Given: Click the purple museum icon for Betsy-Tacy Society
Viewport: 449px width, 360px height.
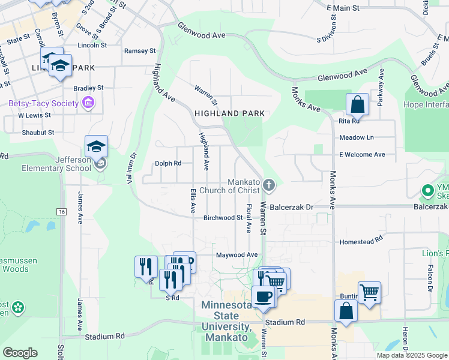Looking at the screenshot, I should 89,103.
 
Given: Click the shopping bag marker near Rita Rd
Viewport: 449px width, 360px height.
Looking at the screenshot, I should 357,104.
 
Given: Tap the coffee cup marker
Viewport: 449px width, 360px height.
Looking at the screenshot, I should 264,296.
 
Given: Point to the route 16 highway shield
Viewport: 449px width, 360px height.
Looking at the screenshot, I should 61,212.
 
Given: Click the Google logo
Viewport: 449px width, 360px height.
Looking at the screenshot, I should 20,353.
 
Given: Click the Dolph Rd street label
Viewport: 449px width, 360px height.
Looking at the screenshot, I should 168,163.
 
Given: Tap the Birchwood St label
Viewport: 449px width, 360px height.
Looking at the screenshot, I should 222,218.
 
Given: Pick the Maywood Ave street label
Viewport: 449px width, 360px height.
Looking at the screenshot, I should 237,255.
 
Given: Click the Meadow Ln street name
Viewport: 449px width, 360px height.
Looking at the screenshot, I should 357,137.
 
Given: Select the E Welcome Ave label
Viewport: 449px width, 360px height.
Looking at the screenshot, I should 362,154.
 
